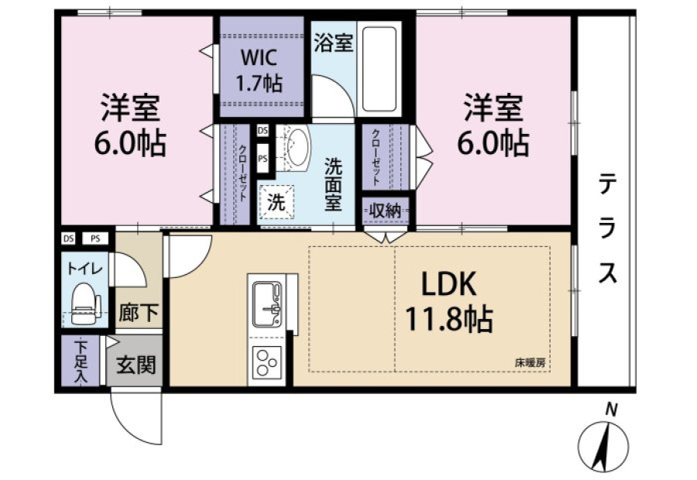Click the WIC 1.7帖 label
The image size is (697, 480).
(259, 70)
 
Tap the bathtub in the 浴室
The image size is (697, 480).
(379, 70)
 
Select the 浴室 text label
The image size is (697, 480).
(333, 43)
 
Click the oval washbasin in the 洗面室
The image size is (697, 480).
(297, 145)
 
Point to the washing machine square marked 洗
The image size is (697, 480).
(276, 203)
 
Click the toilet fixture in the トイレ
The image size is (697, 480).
(85, 303)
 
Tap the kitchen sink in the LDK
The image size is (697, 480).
(267, 303)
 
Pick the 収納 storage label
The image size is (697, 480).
(386, 211)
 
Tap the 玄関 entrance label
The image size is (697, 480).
(136, 365)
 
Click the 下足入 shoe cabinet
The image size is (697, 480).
(81, 361)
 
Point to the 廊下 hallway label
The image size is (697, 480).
(139, 313)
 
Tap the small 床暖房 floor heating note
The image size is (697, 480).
(530, 362)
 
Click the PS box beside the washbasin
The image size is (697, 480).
(263, 158)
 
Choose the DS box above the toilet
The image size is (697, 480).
(68, 238)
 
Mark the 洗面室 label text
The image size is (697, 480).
(333, 184)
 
